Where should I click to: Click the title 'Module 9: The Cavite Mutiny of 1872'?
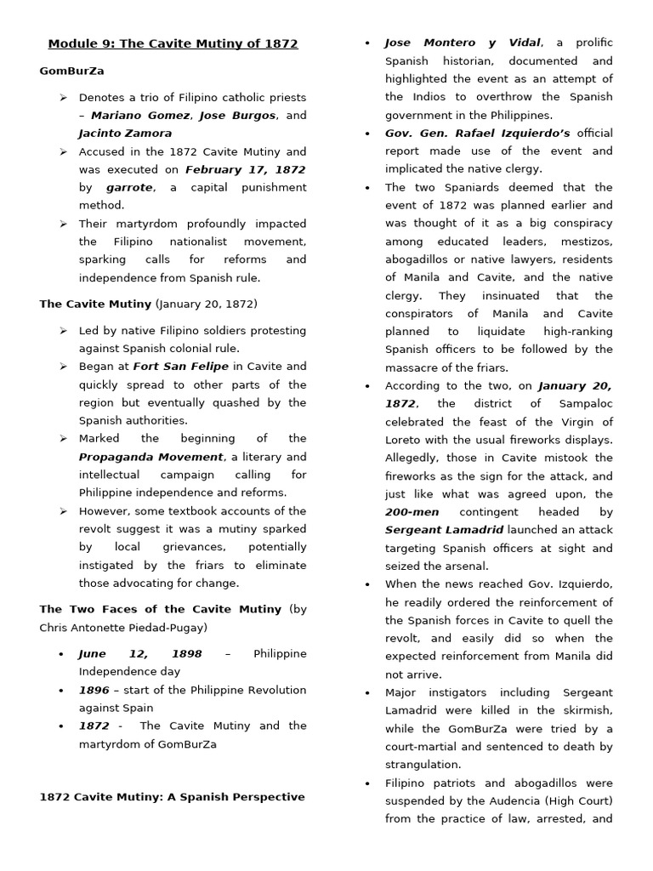click(173, 43)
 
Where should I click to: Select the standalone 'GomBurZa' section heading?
click(71, 71)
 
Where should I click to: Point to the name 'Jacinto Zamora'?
click(125, 134)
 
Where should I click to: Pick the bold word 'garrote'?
click(129, 187)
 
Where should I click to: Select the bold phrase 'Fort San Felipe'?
click(180, 367)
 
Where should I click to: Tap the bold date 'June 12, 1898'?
click(140, 654)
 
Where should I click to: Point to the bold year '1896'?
click(94, 691)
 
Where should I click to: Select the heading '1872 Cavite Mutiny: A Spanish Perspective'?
click(172, 797)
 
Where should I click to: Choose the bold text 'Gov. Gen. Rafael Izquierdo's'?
click(477, 133)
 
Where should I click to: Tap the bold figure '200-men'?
click(412, 512)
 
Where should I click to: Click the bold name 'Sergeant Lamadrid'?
click(444, 530)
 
